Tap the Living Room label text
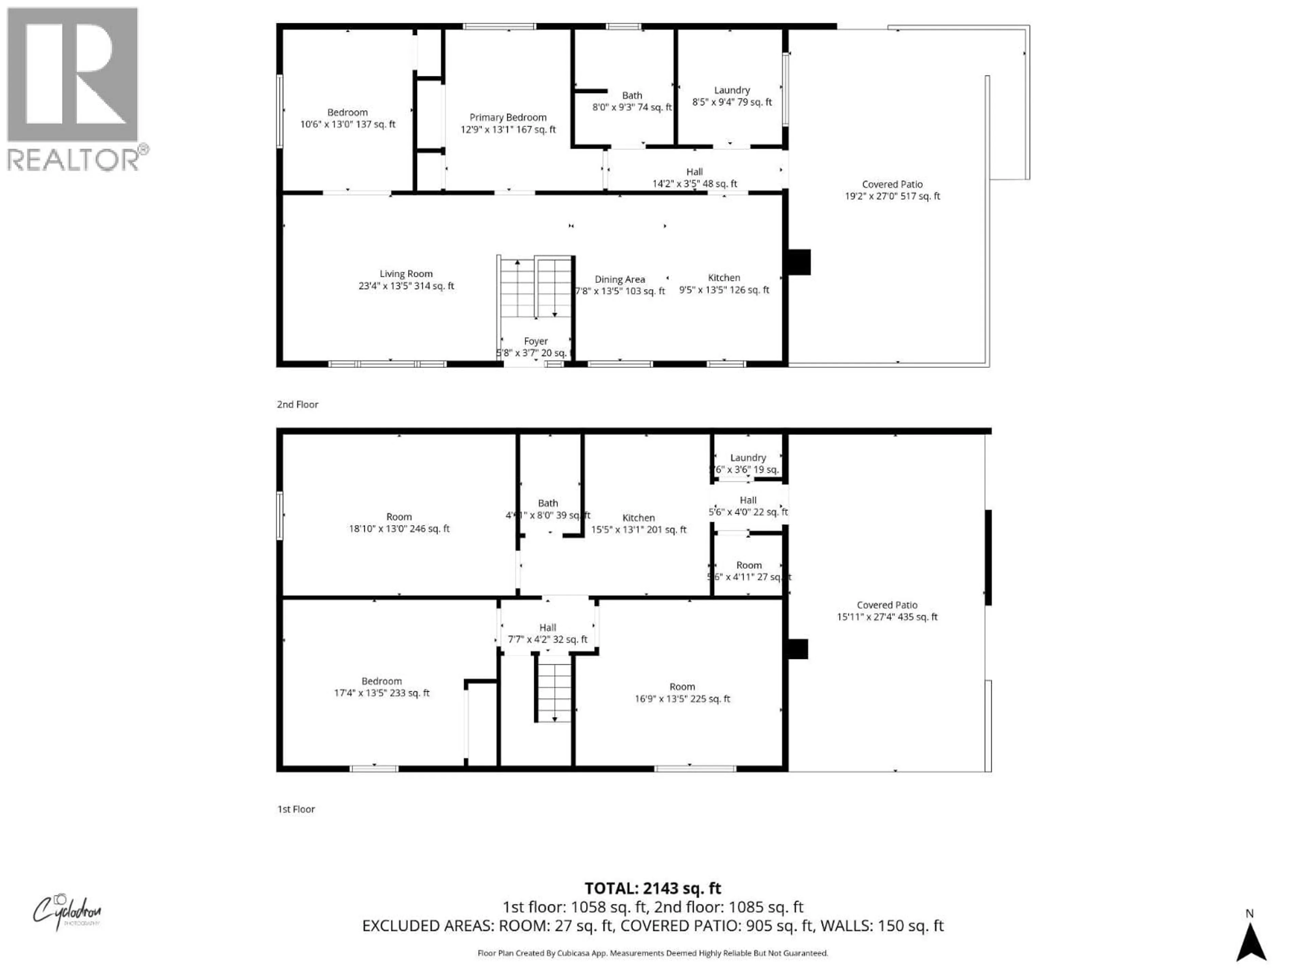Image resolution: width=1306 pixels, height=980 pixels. click(406, 279)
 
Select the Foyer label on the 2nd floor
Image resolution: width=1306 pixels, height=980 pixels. click(536, 347)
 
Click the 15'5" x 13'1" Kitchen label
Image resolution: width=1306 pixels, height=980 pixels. click(638, 523)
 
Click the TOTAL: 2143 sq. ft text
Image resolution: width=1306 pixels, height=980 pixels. click(652, 888)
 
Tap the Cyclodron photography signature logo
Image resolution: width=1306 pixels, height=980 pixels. click(66, 912)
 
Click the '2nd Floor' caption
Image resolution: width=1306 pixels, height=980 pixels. click(298, 405)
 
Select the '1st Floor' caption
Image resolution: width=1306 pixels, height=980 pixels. click(296, 809)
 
